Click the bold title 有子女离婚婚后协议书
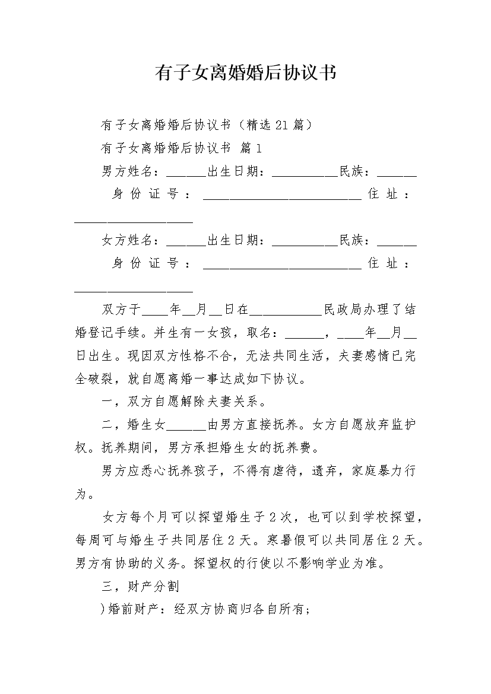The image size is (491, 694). click(x=245, y=73)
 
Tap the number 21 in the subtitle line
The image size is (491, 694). click(x=284, y=125)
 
